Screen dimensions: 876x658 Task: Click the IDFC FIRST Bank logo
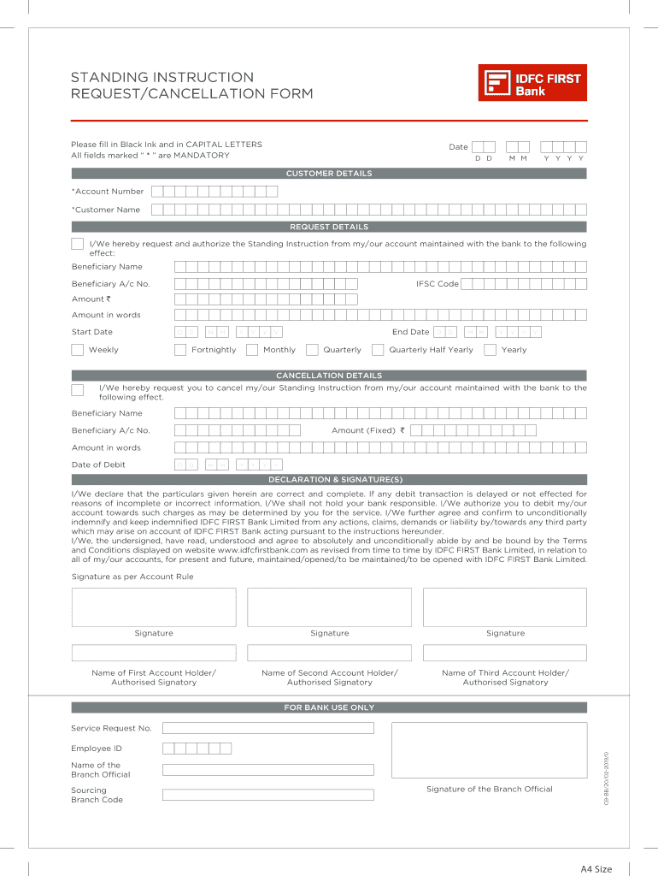click(x=532, y=83)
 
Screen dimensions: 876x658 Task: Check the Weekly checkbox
click(x=78, y=349)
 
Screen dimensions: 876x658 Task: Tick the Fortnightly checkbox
click(x=180, y=349)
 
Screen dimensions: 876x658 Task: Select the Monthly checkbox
click(x=252, y=349)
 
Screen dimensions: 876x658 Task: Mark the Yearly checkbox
click(x=490, y=349)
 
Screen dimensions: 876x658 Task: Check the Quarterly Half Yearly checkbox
click(x=378, y=349)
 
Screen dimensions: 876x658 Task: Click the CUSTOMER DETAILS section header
click(x=329, y=174)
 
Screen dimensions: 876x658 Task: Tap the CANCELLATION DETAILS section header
click(x=329, y=376)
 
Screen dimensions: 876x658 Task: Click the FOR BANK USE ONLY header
click(x=329, y=707)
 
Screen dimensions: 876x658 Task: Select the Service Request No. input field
click(x=267, y=728)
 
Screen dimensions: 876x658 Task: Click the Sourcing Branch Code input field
click(x=267, y=795)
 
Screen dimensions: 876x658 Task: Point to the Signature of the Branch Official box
click(x=489, y=749)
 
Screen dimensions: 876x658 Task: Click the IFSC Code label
click(x=437, y=283)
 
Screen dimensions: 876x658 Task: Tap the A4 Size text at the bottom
click(x=596, y=869)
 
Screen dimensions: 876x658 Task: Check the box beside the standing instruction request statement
click(x=78, y=245)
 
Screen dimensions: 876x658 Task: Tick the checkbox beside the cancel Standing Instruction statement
click(x=78, y=390)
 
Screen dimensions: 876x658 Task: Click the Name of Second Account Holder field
click(x=329, y=653)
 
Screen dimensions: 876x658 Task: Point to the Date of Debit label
click(x=98, y=465)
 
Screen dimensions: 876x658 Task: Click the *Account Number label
click(x=108, y=192)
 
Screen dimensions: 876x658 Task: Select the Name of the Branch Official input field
click(x=267, y=769)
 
